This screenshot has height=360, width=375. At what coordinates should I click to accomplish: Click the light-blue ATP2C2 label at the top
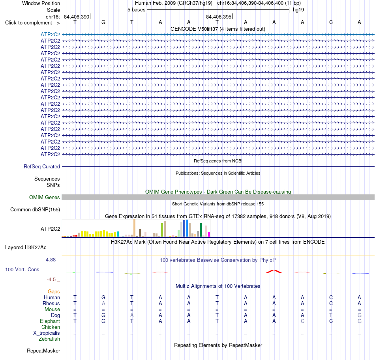(x=50, y=34)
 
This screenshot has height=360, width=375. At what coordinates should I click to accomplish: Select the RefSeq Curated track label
(x=42, y=166)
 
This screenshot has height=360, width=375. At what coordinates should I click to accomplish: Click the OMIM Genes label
(x=45, y=197)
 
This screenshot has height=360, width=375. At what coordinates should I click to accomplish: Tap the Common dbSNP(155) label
(x=35, y=209)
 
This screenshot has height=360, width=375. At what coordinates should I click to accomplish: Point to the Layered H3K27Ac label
(x=26, y=248)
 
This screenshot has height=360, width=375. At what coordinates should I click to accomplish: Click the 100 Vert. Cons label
(x=22, y=269)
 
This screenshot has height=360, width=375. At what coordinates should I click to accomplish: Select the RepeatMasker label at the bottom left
(x=43, y=351)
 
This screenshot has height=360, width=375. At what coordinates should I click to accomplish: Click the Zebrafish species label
(x=49, y=339)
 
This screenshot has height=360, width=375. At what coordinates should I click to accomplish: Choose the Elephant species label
(x=50, y=321)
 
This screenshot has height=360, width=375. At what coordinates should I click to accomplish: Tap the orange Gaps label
(x=54, y=291)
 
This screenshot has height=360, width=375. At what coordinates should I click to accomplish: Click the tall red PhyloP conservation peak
(x=274, y=271)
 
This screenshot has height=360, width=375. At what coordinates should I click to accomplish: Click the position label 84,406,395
(x=219, y=17)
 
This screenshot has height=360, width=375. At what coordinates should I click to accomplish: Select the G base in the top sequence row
(x=103, y=22)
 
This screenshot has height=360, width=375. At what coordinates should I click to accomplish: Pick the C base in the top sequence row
(x=331, y=22)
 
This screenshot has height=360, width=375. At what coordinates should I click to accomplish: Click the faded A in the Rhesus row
(x=103, y=303)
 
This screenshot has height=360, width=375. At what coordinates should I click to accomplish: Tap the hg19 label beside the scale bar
(x=298, y=10)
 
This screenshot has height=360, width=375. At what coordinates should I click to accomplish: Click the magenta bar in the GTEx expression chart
(x=209, y=234)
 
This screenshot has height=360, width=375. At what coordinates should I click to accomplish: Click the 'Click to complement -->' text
(x=32, y=23)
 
